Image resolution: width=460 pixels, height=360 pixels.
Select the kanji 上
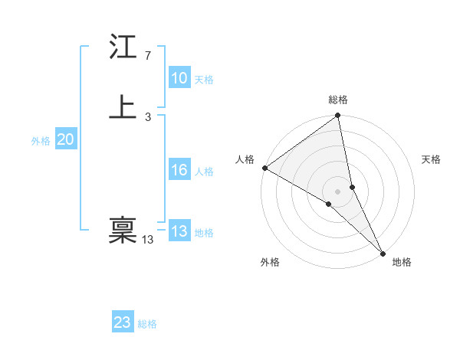(x=123, y=107)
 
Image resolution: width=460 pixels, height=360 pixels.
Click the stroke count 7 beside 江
(x=147, y=56)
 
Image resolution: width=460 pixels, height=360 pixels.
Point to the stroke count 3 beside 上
(x=147, y=116)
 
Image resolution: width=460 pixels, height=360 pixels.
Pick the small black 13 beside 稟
(x=147, y=240)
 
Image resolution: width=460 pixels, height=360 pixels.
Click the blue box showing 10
(x=179, y=78)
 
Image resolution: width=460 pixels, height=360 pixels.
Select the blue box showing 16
(x=179, y=170)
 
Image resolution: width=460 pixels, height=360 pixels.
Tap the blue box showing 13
(x=179, y=232)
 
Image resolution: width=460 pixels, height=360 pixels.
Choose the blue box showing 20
(x=65, y=139)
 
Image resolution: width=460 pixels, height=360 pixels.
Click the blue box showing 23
(x=122, y=322)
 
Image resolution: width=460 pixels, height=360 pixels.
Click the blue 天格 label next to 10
(x=204, y=80)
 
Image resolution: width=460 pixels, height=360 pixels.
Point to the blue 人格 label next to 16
(x=204, y=172)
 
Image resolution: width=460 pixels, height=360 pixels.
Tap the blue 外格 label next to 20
(x=41, y=141)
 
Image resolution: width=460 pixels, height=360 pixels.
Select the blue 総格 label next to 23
(x=147, y=324)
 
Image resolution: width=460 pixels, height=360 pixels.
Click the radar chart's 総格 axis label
(x=338, y=100)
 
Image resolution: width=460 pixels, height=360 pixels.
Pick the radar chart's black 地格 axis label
(x=402, y=263)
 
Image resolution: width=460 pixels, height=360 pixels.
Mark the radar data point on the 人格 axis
(x=264, y=168)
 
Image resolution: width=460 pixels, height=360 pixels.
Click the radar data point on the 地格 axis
(x=382, y=252)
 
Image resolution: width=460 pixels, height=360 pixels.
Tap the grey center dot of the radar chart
(x=337, y=191)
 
